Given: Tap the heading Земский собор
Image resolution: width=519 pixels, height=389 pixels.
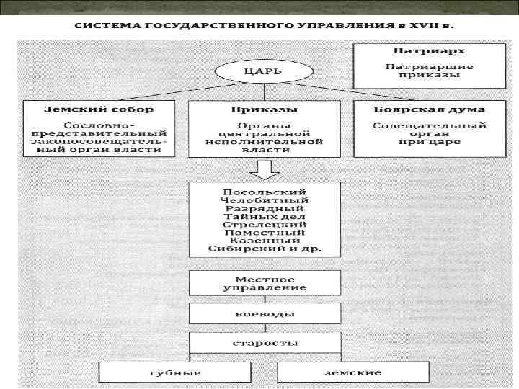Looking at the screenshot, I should [99, 109].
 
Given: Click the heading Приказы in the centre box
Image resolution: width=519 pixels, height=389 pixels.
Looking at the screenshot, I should [264, 109].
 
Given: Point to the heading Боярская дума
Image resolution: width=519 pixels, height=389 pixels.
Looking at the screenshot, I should [429, 109].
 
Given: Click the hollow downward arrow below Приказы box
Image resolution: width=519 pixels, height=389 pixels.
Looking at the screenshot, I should [263, 169].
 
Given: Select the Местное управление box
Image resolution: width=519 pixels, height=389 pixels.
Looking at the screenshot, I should [265, 283].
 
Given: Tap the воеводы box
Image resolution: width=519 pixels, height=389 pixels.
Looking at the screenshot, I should [265, 313].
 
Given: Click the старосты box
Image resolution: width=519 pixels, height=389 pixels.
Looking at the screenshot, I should [265, 343].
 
